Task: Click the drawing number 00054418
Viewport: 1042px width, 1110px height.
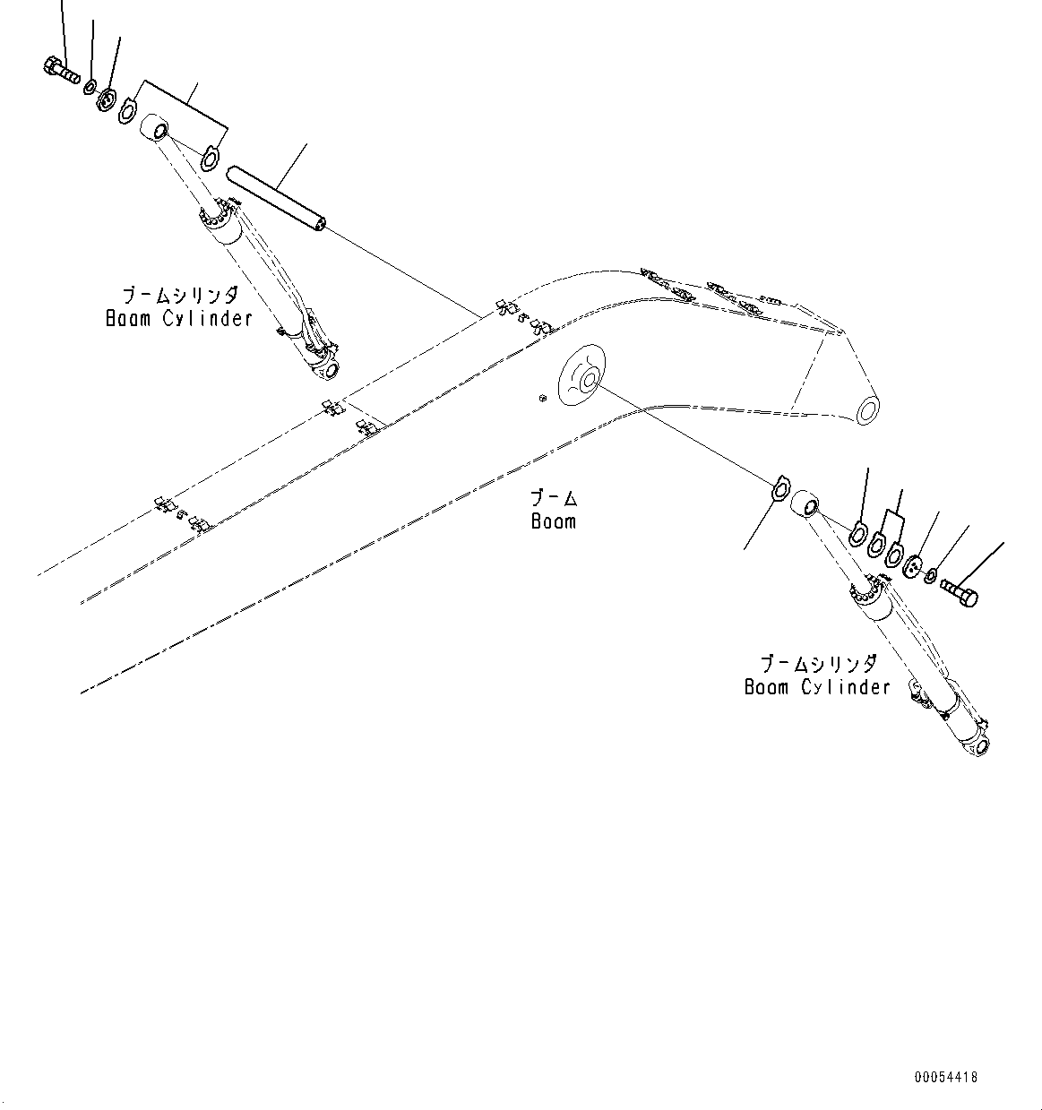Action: [x=946, y=1077]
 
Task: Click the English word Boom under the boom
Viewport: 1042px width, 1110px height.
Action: [x=554, y=521]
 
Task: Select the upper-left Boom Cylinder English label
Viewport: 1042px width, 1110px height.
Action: [x=179, y=319]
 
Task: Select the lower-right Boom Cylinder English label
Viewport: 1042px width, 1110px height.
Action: [x=817, y=687]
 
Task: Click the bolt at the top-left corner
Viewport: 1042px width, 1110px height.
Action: [x=60, y=71]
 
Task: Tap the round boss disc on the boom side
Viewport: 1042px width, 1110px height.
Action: [x=582, y=375]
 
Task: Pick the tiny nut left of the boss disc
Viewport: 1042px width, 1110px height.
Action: [x=542, y=398]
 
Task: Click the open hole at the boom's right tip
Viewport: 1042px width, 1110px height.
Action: [x=867, y=411]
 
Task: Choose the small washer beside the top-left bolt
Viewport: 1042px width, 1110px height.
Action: [x=90, y=87]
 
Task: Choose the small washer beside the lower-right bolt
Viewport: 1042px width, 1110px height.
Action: [x=930, y=576]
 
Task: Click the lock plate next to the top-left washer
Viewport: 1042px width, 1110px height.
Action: [x=107, y=99]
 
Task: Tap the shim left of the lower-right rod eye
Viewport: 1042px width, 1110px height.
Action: [x=780, y=486]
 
